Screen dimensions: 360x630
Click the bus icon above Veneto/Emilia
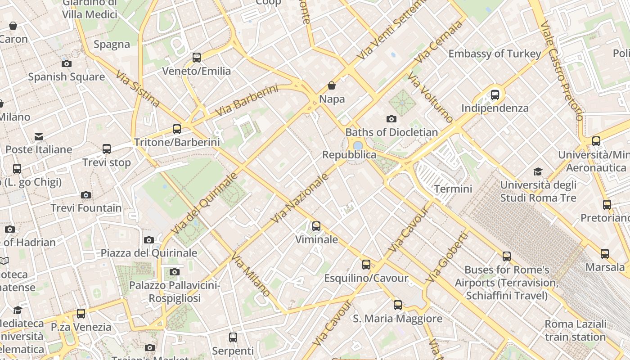[x=197, y=58]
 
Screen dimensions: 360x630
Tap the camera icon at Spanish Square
[x=67, y=63]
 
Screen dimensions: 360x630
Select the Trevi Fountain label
[x=86, y=208]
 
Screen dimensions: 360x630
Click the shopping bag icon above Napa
[x=332, y=85]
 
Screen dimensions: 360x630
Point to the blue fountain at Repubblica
[x=358, y=146]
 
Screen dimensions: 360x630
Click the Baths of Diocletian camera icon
[x=391, y=119]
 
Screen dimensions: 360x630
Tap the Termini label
[x=453, y=189]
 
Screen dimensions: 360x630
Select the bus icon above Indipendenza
[x=495, y=95]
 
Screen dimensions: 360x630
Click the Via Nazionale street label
[x=301, y=198]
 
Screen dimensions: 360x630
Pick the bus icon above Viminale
[x=316, y=226]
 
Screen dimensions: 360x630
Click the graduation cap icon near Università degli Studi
[x=538, y=171]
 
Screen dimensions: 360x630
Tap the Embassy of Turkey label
[x=495, y=54]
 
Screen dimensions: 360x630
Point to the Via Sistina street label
[x=138, y=89]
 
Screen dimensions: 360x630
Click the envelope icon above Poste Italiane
[x=39, y=136]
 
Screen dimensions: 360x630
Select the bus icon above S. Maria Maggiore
[x=398, y=305]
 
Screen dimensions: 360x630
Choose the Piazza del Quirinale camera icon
[x=149, y=240]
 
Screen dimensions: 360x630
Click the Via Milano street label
[x=251, y=274]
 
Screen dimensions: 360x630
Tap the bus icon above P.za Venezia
[x=81, y=314]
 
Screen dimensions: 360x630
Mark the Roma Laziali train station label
[x=575, y=330]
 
